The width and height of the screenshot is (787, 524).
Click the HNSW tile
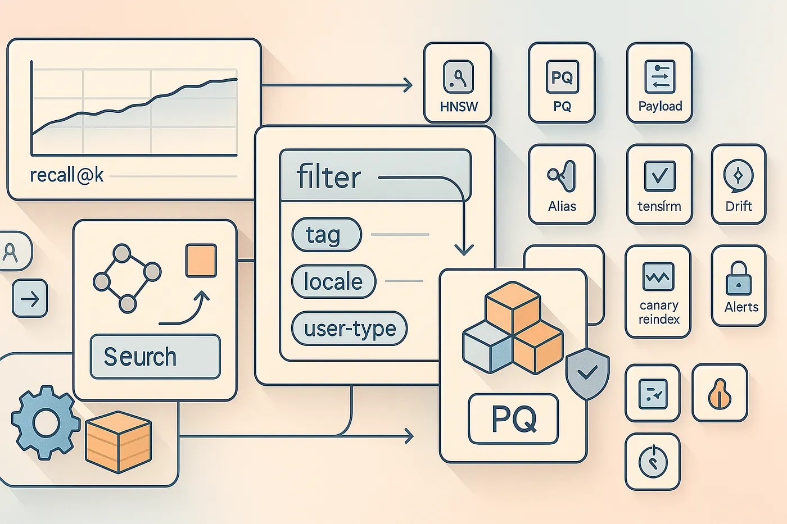click(x=458, y=83)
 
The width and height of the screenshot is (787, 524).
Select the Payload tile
click(x=659, y=83)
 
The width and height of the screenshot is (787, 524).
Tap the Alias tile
click(x=562, y=184)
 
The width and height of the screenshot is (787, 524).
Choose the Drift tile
click(x=738, y=184)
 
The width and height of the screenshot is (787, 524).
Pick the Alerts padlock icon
click(x=738, y=279)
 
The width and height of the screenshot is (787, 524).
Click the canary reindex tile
click(x=658, y=291)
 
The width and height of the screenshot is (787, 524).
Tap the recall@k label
click(x=67, y=175)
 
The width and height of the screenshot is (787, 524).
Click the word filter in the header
click(x=329, y=177)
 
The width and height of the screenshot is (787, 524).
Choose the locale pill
click(x=333, y=281)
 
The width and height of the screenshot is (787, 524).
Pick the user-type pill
click(x=349, y=329)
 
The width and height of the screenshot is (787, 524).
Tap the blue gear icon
click(x=45, y=422)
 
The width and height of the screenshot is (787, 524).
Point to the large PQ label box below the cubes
click(x=513, y=419)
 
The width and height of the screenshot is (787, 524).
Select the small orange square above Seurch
click(x=201, y=261)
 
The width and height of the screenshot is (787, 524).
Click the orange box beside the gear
click(x=119, y=441)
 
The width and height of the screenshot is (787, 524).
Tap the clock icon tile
click(x=653, y=462)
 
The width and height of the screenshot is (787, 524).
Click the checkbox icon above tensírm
click(x=659, y=176)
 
